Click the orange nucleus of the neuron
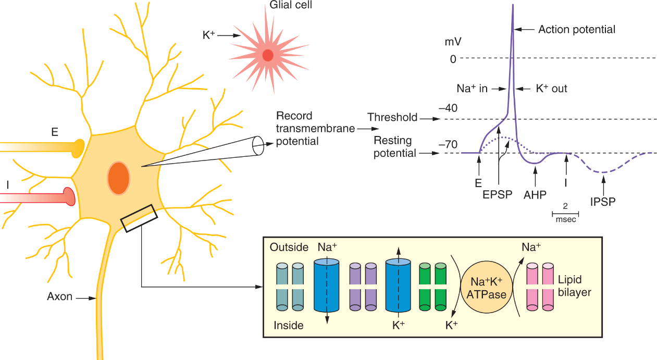(119, 178)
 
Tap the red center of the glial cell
(268, 55)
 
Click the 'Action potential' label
(577, 30)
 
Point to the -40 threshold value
(448, 108)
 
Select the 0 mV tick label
(453, 59)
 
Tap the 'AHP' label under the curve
(535, 195)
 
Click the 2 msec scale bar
(565, 213)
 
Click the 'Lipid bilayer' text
(574, 287)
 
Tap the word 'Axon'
(60, 297)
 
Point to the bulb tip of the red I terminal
(69, 196)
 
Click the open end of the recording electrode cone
(257, 145)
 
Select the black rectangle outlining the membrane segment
(139, 218)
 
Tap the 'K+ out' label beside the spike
(552, 89)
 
